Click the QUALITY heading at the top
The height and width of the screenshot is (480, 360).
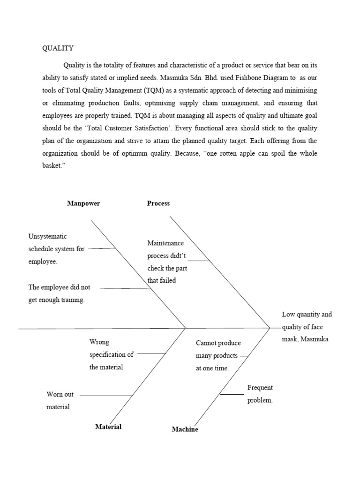point(58,48)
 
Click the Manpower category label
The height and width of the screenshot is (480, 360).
point(83,203)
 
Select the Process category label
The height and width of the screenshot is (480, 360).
point(158,203)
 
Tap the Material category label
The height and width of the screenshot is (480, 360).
point(108,427)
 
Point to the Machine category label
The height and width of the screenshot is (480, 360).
point(185,429)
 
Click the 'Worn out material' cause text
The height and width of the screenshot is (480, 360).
point(60,401)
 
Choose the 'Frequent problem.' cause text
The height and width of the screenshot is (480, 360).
point(260,394)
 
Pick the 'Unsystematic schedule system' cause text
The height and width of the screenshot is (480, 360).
point(56,249)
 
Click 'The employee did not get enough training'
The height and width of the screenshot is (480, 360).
point(60,293)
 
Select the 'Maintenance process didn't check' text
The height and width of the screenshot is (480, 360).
point(167,262)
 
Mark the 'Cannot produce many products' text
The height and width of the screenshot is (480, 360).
point(217,355)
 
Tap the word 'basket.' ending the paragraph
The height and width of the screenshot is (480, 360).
point(53,166)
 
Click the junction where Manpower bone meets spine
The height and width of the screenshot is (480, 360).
point(186,328)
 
